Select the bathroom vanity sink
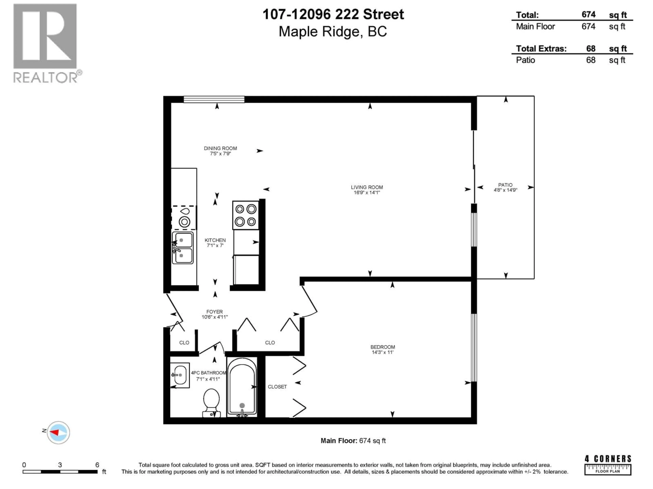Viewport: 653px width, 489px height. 180,375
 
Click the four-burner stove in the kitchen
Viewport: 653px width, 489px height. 246,215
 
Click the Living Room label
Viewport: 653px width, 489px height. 367,187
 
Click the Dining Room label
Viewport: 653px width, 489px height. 220,148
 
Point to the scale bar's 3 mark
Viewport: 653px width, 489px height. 60,465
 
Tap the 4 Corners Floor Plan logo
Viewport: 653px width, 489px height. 608,465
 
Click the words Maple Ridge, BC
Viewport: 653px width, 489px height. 333,32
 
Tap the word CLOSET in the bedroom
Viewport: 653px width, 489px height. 277,387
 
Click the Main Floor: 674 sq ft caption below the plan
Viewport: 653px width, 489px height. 353,441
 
